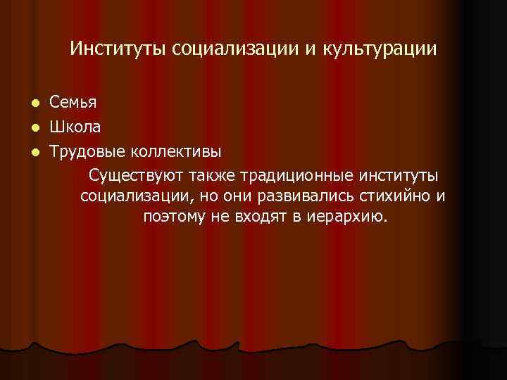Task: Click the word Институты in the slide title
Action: [118, 49]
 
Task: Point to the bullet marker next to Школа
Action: [35, 128]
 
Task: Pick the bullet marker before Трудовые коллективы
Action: [35, 152]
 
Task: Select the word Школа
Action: [75, 127]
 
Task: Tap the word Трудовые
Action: [89, 151]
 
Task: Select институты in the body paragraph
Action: [399, 174]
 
